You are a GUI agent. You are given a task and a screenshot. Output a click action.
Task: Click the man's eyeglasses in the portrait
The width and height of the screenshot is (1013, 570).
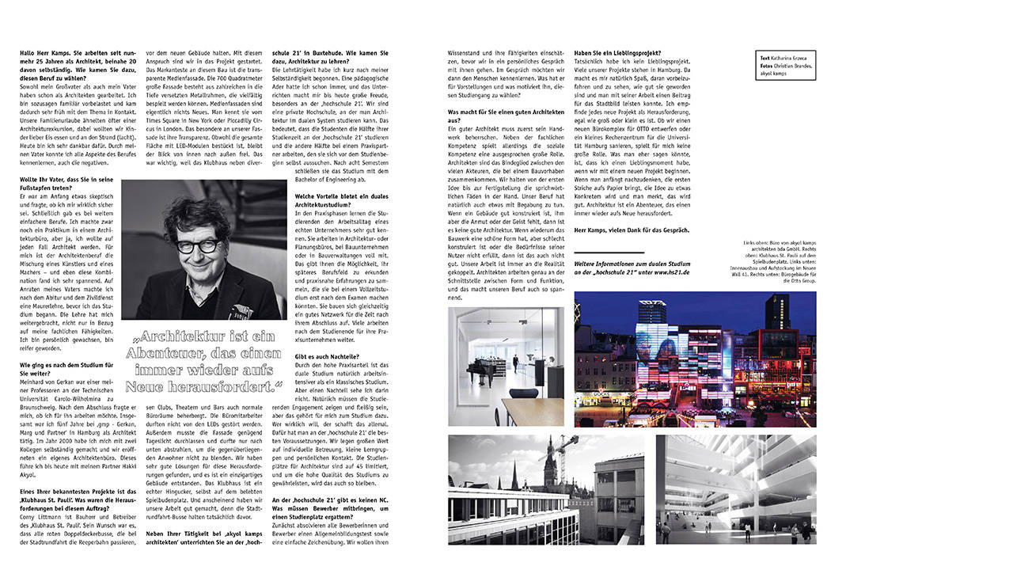[199, 245]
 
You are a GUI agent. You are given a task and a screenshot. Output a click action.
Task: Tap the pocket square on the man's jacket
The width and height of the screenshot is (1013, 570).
[237, 311]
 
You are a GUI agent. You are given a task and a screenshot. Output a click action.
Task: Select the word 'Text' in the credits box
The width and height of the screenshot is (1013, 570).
[764, 58]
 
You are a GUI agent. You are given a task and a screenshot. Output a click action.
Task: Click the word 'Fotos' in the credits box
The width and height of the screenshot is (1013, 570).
[766, 66]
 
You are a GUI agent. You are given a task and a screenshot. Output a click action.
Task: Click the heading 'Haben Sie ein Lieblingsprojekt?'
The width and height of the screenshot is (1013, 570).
[618, 53]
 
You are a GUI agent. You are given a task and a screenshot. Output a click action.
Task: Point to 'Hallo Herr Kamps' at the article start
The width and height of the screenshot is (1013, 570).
[46, 53]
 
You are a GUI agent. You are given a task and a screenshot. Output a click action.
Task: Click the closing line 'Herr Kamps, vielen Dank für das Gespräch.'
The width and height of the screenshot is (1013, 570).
[632, 230]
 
